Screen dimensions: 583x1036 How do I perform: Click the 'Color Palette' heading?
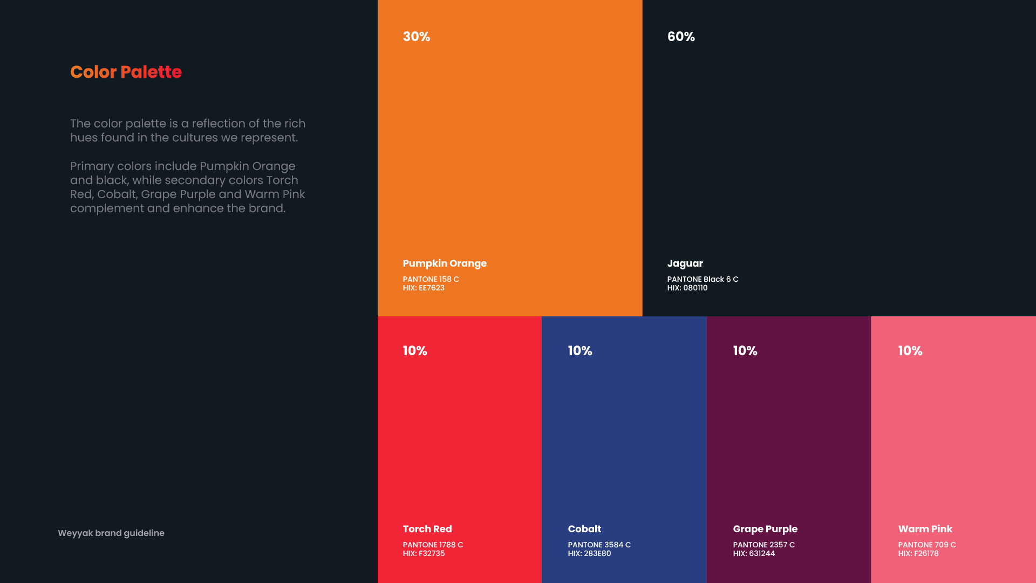pos(126,72)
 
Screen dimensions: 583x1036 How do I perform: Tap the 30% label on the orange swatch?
pos(416,37)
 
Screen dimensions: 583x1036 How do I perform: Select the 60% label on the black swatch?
pos(681,37)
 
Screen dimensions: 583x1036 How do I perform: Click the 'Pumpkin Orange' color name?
pos(445,263)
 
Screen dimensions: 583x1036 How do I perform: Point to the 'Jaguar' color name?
pos(685,263)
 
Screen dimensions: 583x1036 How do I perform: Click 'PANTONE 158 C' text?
pos(431,279)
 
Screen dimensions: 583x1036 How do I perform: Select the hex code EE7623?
pos(424,288)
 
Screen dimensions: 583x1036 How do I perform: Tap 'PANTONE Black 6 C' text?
pos(703,279)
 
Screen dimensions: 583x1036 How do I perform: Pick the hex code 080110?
pos(687,288)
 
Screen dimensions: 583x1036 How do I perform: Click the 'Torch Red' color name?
pos(427,529)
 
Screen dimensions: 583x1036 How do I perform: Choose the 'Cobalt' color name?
pos(584,529)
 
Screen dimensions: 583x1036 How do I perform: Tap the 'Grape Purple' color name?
pos(765,529)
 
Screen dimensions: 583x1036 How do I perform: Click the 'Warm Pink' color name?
pos(925,529)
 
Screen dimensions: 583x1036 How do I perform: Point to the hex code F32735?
pos(424,553)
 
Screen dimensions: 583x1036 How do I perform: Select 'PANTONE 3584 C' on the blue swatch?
pos(599,545)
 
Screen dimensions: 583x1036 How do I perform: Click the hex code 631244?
pos(754,553)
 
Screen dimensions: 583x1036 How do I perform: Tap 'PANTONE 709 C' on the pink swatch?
pos(926,545)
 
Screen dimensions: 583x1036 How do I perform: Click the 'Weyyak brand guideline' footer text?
pos(111,533)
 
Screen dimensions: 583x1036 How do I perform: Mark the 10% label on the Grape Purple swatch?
pos(745,351)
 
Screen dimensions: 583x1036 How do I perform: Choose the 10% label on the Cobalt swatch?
pos(580,351)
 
